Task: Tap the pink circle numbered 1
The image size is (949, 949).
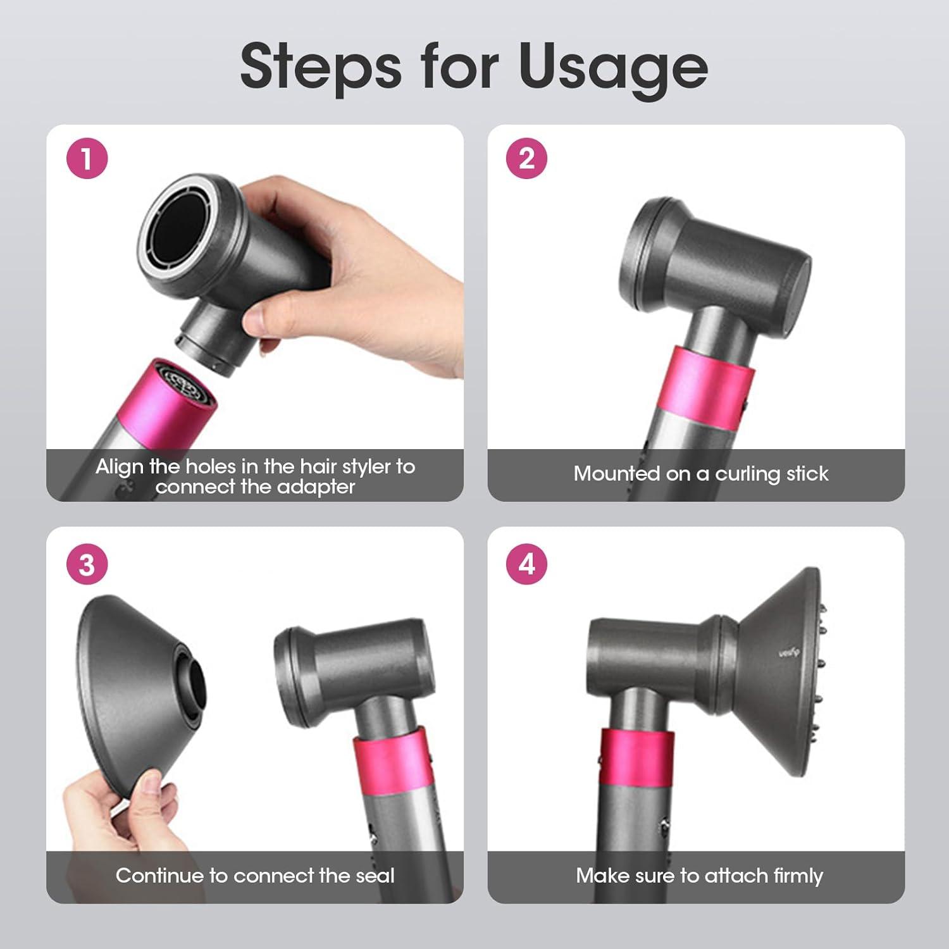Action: [x=87, y=158]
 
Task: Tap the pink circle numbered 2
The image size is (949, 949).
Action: [x=527, y=158]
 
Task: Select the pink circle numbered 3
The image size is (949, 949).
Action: [x=87, y=564]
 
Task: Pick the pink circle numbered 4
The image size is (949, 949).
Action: [x=527, y=564]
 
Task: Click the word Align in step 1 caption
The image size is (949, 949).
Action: [x=120, y=467]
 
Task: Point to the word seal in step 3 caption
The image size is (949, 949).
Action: [x=374, y=876]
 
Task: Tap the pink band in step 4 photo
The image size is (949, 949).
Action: [x=636, y=759]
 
